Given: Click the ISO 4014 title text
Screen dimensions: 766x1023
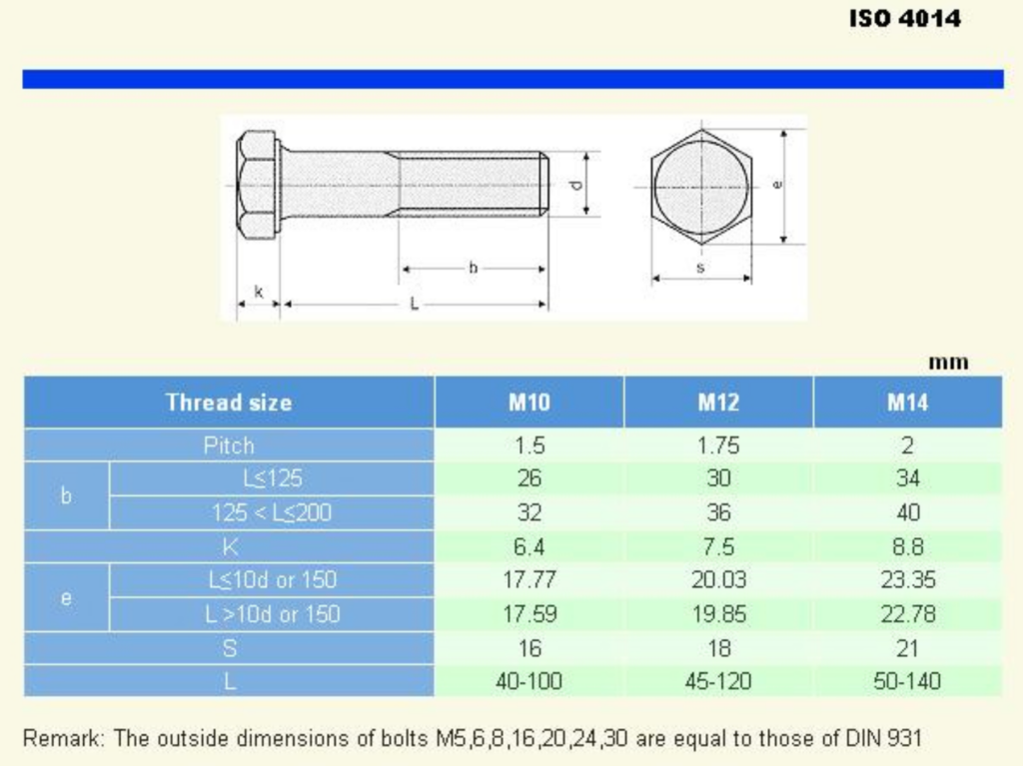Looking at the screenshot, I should click(905, 19).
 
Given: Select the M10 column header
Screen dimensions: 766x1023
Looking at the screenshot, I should click(528, 402).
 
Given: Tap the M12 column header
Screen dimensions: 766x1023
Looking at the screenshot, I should click(718, 402).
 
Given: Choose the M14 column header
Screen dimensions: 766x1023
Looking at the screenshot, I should click(907, 402).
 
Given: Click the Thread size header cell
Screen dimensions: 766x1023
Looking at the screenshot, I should click(229, 402).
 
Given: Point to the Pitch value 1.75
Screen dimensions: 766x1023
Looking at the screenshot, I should click(718, 445).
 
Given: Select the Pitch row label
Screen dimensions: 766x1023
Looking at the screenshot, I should click(229, 445).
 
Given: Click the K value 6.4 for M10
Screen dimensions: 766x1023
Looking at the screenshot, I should click(528, 547).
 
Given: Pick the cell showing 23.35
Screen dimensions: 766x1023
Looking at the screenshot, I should click(907, 580).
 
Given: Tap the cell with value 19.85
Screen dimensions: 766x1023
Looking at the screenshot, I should click(718, 614).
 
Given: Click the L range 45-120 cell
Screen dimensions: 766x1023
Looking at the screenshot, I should click(718, 682).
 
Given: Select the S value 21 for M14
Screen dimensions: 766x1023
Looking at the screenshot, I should click(907, 648).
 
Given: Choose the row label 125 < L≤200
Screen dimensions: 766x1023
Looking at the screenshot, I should click(271, 513).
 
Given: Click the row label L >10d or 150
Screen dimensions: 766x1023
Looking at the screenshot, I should click(271, 614).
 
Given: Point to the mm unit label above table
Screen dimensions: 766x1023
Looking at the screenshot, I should click(948, 363).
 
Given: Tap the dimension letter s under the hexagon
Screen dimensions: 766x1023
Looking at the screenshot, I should click(700, 268).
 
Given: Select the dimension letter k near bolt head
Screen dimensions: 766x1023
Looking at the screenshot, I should click(259, 292).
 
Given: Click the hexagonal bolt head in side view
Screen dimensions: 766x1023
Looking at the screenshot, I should click(258, 186).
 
